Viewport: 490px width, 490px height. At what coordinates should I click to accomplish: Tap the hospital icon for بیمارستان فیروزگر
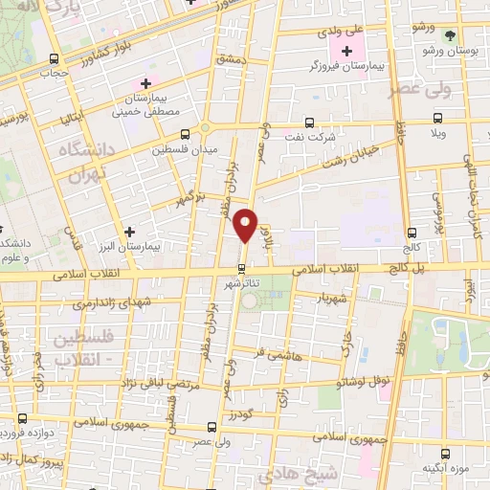[345, 50]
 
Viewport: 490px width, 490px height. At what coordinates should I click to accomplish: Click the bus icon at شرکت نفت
[308, 122]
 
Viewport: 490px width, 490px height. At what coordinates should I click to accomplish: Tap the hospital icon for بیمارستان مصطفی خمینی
[144, 82]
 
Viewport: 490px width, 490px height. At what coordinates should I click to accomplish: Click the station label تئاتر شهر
[243, 285]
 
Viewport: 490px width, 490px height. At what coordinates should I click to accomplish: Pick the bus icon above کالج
[412, 232]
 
